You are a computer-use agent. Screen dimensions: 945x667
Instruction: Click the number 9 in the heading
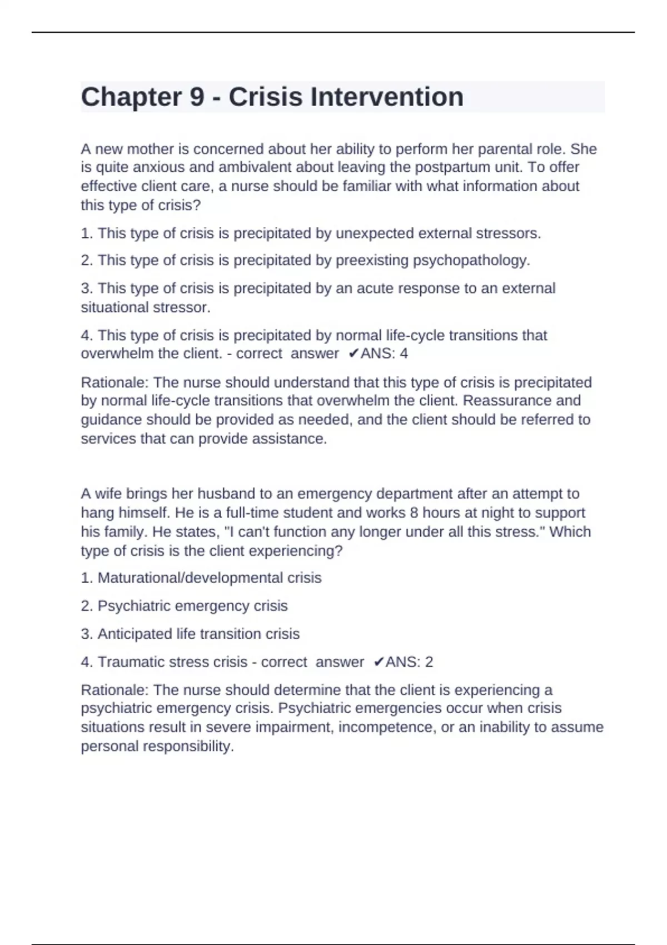click(x=197, y=97)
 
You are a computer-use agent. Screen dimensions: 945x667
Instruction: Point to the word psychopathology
click(x=471, y=260)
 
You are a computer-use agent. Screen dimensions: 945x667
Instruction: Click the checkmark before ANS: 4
click(x=354, y=354)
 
